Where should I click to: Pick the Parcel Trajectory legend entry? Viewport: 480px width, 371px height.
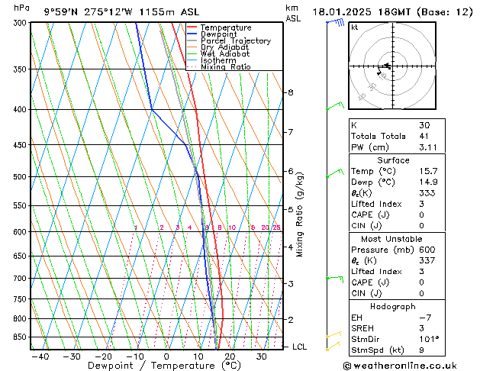coord(235,40)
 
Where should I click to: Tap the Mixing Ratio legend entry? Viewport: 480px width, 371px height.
coord(226,67)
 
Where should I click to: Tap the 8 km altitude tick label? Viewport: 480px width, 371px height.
coord(290,92)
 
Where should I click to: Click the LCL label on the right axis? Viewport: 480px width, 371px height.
coord(300,347)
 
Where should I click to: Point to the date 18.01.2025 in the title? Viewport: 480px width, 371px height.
coord(343,12)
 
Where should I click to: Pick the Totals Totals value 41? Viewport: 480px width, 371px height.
coord(424,136)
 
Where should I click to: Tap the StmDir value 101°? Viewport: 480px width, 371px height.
coord(429,339)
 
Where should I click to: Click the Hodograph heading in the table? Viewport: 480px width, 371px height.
coord(394,306)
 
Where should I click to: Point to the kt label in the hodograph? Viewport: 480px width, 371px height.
coord(355,27)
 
